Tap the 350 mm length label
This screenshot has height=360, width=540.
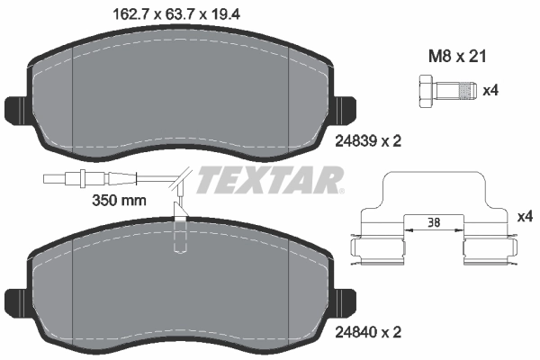120,200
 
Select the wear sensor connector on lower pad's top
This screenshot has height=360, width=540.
183,229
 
